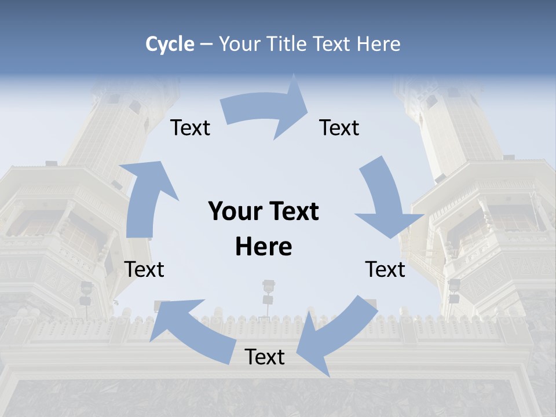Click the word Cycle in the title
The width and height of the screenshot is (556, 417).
point(170,44)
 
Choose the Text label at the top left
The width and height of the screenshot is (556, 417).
point(190,128)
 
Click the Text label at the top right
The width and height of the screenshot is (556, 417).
point(339,128)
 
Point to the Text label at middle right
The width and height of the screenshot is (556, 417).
point(385,269)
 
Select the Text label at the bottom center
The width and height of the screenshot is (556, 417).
point(265,357)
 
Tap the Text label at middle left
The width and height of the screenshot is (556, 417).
point(145,269)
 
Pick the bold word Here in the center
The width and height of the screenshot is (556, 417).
point(264,247)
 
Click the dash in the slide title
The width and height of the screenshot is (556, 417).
point(206,45)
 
